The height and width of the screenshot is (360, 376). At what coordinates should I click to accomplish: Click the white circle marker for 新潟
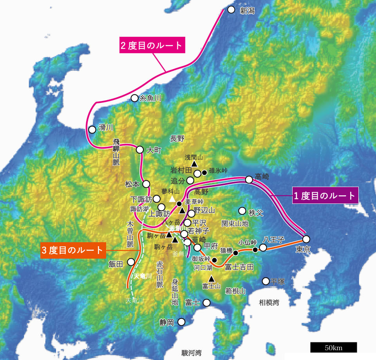pos(231,9)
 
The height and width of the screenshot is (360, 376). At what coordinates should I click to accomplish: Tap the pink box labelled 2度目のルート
pos(152,45)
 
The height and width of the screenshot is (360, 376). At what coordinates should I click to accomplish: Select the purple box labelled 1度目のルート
pos(326,196)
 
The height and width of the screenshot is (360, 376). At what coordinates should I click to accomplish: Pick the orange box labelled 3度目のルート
pos(73,250)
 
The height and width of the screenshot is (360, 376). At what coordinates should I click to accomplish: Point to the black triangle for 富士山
pos(211,279)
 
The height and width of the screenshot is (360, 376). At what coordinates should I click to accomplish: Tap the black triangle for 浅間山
pos(193,165)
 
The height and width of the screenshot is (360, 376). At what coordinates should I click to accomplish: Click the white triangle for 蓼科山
pos(172,199)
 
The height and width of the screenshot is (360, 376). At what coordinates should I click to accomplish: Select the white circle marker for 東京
pos(306,239)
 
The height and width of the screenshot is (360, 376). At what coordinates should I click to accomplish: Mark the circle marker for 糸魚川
pos(134,98)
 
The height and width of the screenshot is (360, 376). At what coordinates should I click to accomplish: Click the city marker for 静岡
pos(181,322)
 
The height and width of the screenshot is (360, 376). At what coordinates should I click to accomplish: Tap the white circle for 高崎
pos(249,180)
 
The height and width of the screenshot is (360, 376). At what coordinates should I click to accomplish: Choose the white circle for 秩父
pos(242,211)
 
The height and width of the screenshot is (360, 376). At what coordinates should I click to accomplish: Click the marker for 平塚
pos(266,281)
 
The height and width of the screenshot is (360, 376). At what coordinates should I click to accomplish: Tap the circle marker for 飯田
pos(131,262)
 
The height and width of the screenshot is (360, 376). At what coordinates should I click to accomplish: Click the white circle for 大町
pos(140,149)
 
